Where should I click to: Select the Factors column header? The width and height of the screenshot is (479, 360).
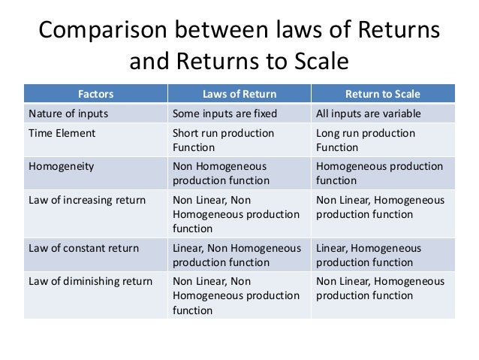pyautogui.click(x=95, y=95)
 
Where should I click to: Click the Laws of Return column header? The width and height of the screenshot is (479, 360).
pyautogui.click(x=239, y=95)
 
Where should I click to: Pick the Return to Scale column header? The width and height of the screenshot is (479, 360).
pyautogui.click(x=382, y=95)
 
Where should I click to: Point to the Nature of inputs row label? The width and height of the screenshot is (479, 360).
pyautogui.click(x=68, y=114)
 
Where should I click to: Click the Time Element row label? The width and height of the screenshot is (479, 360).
pyautogui.click(x=62, y=133)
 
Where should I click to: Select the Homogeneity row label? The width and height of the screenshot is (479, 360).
pyautogui.click(x=62, y=167)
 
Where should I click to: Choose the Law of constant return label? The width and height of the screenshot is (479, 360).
pyautogui.click(x=86, y=248)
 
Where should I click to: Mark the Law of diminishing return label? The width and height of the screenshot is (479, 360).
pyautogui.click(x=91, y=282)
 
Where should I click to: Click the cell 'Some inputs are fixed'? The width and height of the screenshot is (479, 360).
pyautogui.click(x=225, y=114)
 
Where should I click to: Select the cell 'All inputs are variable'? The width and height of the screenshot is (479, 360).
pyautogui.click(x=369, y=114)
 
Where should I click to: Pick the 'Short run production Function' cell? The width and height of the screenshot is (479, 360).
pyautogui.click(x=224, y=141)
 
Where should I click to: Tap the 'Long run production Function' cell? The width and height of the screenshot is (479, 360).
pyautogui.click(x=366, y=141)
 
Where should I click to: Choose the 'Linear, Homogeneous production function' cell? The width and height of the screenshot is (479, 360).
pyautogui.click(x=369, y=256)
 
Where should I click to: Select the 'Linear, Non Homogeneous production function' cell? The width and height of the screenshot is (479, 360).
pyautogui.click(x=236, y=256)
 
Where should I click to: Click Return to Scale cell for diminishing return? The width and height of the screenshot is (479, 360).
pyautogui.click(x=380, y=289)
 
